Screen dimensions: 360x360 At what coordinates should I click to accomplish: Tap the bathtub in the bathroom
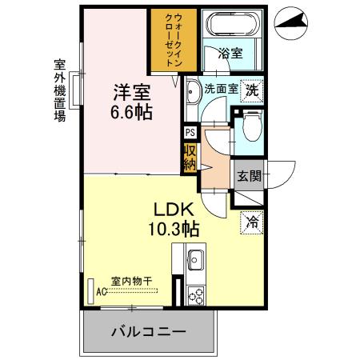[233, 23]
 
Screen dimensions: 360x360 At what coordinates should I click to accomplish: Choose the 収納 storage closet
[190, 158]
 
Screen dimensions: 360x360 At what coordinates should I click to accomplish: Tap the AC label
[101, 291]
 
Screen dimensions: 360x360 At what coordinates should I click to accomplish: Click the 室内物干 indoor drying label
[131, 281]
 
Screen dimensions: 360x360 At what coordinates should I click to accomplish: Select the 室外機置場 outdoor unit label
[58, 88]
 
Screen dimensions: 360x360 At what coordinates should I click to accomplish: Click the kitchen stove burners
[194, 294]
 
